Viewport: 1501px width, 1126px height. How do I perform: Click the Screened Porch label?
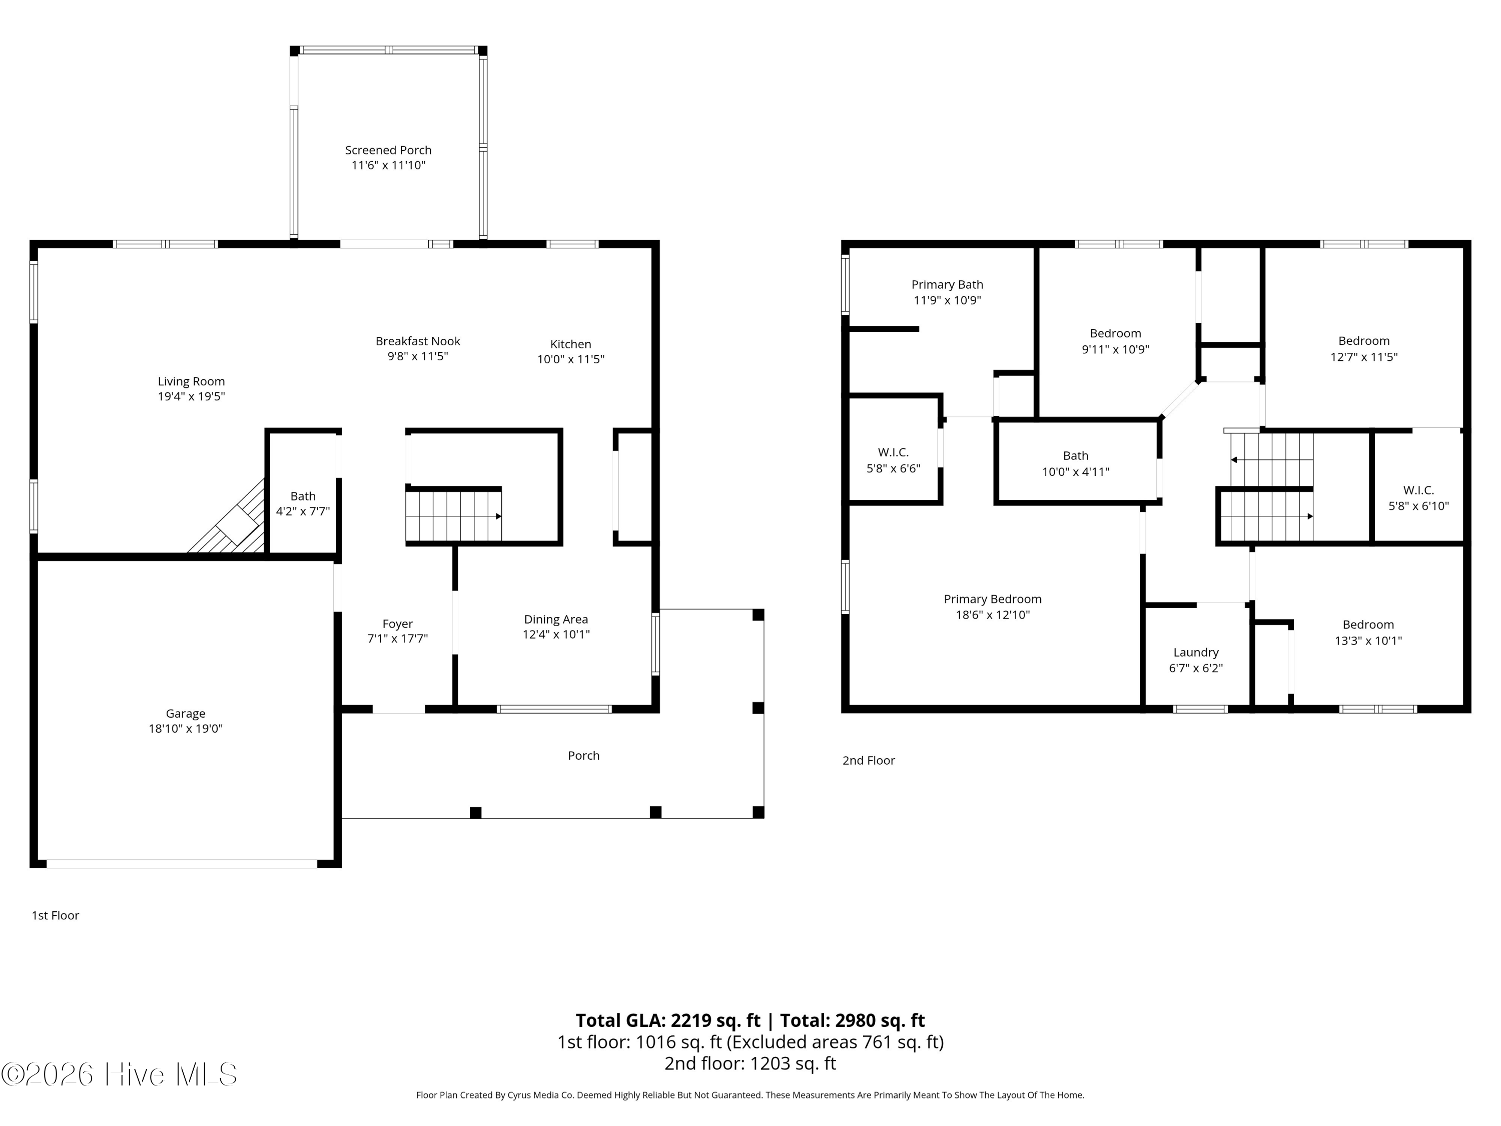pyautogui.click(x=388, y=150)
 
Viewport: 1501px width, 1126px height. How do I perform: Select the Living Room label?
pyautogui.click(x=191, y=381)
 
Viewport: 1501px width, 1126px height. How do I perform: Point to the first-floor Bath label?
pyautogui.click(x=303, y=496)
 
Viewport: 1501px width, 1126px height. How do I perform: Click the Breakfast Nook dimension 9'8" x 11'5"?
pyautogui.click(x=418, y=356)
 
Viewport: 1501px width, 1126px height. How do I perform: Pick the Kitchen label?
pyautogui.click(x=571, y=344)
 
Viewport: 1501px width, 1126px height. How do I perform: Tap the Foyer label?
pyautogui.click(x=398, y=624)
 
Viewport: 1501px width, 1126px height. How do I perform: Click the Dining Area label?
pyautogui.click(x=556, y=619)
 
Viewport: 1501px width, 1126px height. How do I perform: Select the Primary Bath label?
pyautogui.click(x=947, y=284)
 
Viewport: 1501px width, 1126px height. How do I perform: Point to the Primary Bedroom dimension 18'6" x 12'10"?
pyautogui.click(x=993, y=615)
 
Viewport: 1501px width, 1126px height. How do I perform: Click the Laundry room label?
pyautogui.click(x=1196, y=652)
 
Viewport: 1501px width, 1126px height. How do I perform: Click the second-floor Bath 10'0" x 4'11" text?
pyautogui.click(x=1076, y=463)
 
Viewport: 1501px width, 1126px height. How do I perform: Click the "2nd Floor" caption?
pyautogui.click(x=869, y=761)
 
